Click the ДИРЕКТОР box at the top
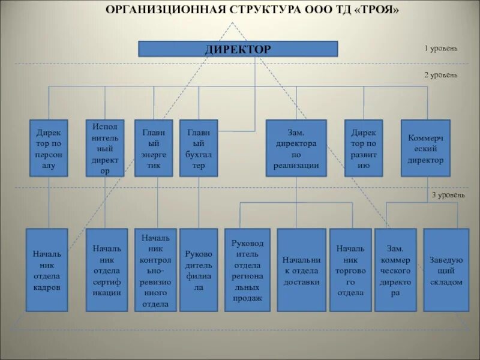[238, 49]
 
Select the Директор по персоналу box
[49, 148]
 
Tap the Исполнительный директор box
[105, 148]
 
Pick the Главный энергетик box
[154, 148]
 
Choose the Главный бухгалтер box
[199, 148]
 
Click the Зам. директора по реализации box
[296, 148]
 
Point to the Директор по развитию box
[364, 148]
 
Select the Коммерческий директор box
[425, 148]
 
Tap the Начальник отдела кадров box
[47, 270]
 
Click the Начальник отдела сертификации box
[107, 270]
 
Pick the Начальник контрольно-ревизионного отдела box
[155, 270]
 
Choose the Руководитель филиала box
[199, 270]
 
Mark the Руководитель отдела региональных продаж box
[247, 270]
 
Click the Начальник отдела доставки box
[301, 270]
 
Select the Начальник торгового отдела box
[350, 270]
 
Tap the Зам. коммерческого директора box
[395, 270]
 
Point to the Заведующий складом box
[446, 270]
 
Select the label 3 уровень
[445, 195]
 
